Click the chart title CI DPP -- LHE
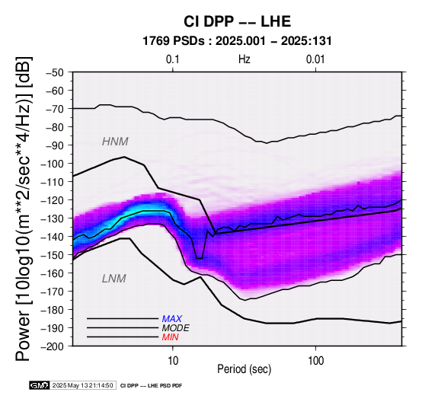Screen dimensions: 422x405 point(237,21)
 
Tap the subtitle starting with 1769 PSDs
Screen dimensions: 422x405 point(237,41)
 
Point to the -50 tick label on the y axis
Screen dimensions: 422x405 point(55,72)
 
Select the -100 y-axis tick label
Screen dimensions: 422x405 point(52,164)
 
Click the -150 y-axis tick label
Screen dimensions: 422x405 point(52,255)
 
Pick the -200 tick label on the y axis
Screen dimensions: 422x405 point(52,346)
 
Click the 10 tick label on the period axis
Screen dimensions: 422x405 point(173,361)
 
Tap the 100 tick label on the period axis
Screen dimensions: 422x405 point(315,361)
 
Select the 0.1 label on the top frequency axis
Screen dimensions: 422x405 point(172,59)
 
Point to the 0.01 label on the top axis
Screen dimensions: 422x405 point(315,59)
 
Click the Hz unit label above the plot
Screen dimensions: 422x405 point(245,59)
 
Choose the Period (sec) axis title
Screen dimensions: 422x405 point(244,369)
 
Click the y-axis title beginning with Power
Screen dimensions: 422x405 point(24,209)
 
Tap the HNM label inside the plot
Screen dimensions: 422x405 point(115,142)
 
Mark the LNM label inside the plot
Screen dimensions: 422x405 point(113,279)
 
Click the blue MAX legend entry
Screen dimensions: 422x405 point(171,319)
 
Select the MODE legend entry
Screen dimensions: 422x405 point(175,328)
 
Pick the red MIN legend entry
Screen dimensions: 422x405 point(170,337)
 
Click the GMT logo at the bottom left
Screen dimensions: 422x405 point(40,385)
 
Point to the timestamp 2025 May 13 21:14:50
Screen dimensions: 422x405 point(82,385)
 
